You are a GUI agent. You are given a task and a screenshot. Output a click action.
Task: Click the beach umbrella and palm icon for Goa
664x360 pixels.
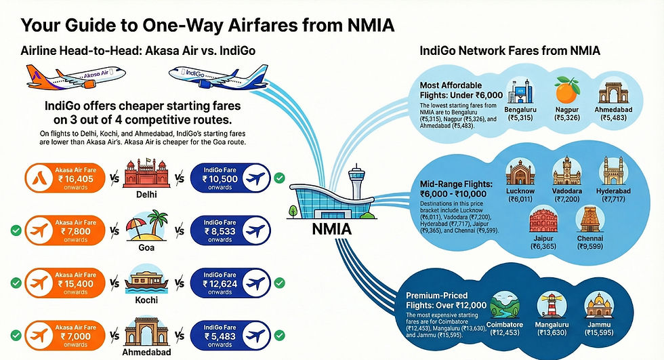(147, 227)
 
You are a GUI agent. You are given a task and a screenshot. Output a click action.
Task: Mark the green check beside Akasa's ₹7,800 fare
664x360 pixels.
(14, 231)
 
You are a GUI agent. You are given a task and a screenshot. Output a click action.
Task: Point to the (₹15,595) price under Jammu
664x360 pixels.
(600, 333)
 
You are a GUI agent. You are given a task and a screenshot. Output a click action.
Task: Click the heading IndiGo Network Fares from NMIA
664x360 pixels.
(511, 51)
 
